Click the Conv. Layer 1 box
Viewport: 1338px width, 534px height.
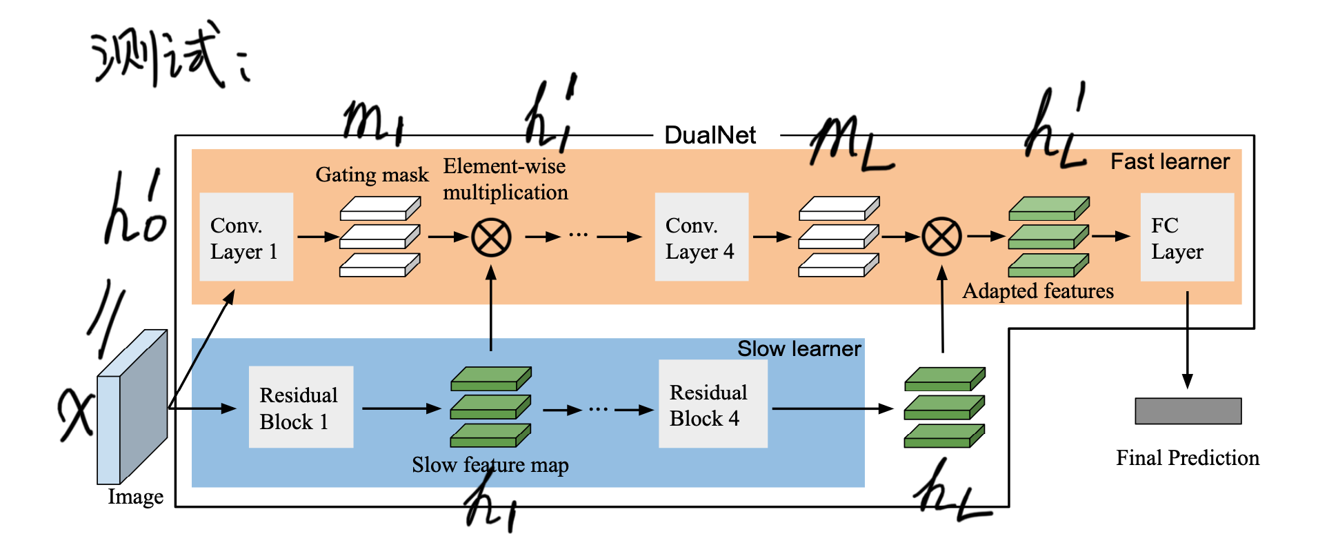[x=246, y=237]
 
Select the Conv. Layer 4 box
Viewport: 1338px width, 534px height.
[x=701, y=237]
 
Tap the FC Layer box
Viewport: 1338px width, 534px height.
[x=1186, y=237]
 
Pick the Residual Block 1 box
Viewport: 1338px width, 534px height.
[x=301, y=407]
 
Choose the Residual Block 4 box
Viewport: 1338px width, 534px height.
[x=712, y=404]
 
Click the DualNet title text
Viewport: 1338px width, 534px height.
[x=710, y=135]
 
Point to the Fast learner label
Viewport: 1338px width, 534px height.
[x=1170, y=161]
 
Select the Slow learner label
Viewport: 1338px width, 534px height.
[x=799, y=348]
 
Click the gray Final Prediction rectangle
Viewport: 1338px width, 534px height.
[x=1188, y=411]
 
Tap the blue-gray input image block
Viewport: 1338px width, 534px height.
[x=132, y=407]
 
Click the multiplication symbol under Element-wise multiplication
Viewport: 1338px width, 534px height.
[x=491, y=237]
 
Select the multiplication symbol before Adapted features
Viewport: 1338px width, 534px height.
[x=942, y=237]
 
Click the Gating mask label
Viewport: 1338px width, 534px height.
[x=372, y=175]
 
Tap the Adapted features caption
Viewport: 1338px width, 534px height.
[x=1038, y=291]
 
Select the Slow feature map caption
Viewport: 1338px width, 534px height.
[x=490, y=465]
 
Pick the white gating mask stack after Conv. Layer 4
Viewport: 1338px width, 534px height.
[x=838, y=237]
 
